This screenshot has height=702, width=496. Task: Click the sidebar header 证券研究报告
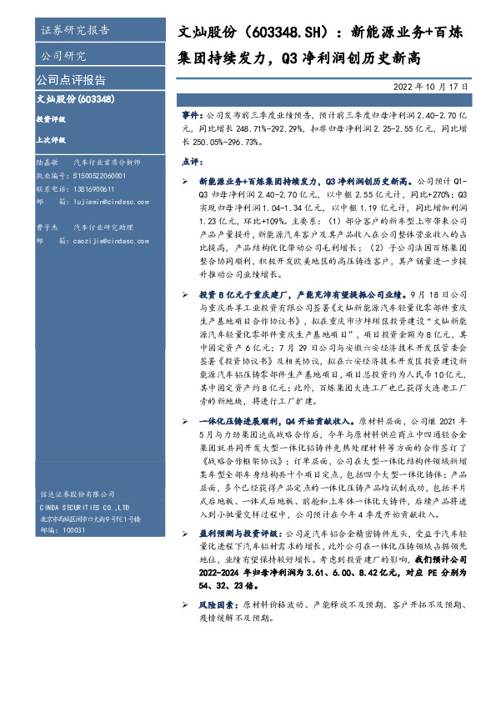point(74,31)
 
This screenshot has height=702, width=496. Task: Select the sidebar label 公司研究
point(63,57)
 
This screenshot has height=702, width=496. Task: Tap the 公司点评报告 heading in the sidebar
point(71,81)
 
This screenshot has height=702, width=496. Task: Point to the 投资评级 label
point(51,120)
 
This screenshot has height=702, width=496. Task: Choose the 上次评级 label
point(51,142)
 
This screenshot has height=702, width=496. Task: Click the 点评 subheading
point(191,160)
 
